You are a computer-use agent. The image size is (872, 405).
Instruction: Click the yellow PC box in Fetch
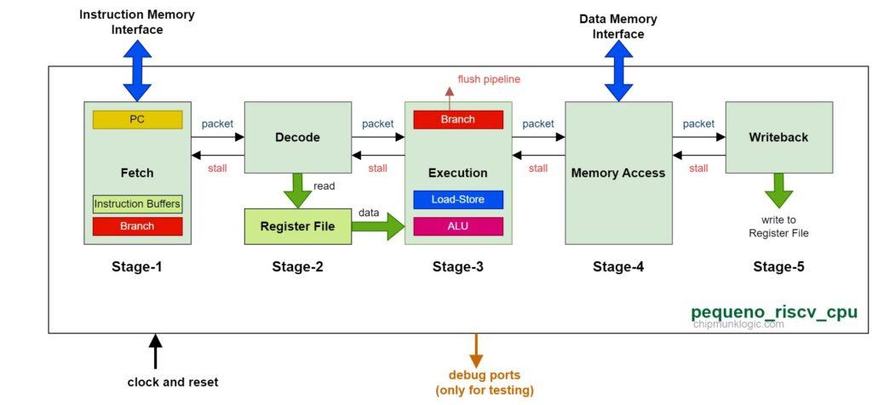click(x=137, y=120)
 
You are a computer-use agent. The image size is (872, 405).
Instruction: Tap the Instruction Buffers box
click(x=137, y=204)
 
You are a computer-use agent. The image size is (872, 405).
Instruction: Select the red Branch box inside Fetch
click(x=137, y=226)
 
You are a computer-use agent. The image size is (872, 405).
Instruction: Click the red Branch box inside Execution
click(x=458, y=120)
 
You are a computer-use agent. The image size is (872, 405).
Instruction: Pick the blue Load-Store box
click(x=458, y=200)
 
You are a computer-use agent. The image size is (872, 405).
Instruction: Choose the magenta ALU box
click(x=458, y=226)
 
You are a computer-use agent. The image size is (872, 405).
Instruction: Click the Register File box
click(x=297, y=226)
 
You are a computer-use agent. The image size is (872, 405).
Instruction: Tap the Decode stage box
click(x=297, y=137)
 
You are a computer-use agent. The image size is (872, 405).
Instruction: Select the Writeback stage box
click(x=778, y=137)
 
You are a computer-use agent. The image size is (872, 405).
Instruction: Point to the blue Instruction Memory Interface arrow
click(x=137, y=71)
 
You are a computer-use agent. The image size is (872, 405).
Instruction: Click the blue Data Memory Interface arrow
click(x=618, y=71)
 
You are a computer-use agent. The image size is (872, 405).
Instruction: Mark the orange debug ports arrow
click(x=476, y=348)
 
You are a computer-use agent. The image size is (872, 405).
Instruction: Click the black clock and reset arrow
click(x=155, y=351)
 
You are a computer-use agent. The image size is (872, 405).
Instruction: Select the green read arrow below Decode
click(x=297, y=190)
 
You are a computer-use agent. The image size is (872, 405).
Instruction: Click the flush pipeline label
click(x=489, y=79)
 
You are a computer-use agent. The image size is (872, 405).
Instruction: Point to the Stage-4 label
click(x=618, y=267)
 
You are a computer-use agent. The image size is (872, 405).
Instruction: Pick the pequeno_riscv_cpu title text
click(x=773, y=312)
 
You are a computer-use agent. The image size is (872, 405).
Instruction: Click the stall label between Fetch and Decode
click(x=217, y=168)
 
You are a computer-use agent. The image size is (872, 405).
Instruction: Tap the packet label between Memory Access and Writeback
click(x=698, y=123)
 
